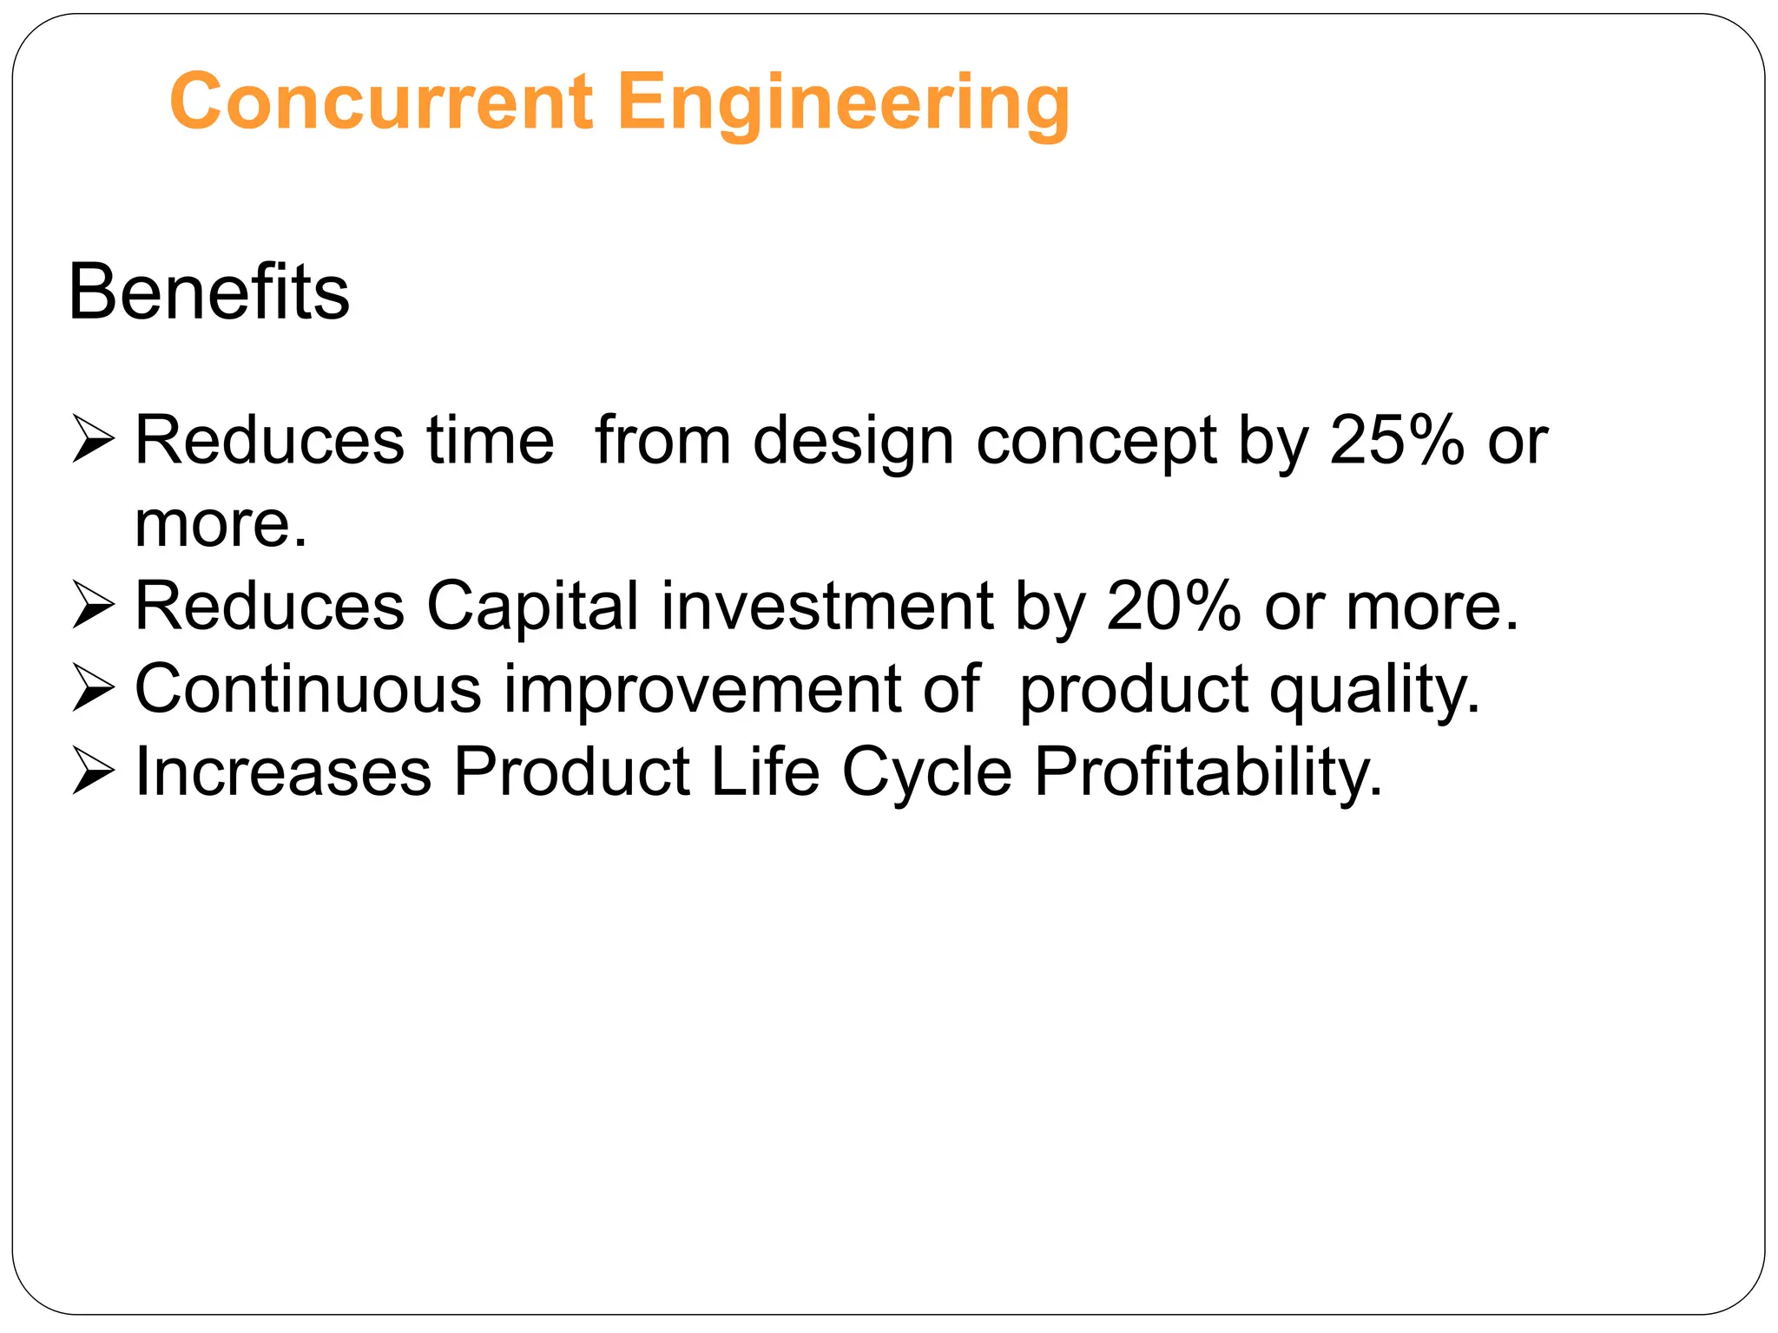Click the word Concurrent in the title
click(381, 102)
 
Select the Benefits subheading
click(208, 292)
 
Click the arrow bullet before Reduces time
click(94, 439)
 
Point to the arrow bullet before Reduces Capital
click(94, 605)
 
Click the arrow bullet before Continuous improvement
click(94, 688)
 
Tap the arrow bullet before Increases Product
click(94, 771)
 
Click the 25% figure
click(1397, 439)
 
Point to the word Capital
click(533, 605)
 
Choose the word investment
click(827, 605)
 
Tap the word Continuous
click(308, 688)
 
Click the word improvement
click(702, 688)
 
